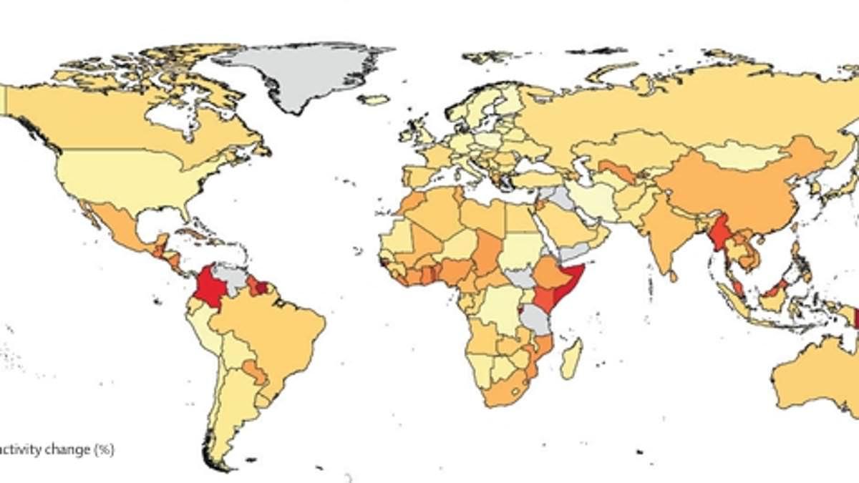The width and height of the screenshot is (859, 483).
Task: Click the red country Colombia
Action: [208, 286]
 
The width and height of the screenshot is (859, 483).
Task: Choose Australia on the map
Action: [809, 372]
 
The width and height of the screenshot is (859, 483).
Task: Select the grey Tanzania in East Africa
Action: [535, 319]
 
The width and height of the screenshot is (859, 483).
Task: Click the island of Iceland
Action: [374, 99]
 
